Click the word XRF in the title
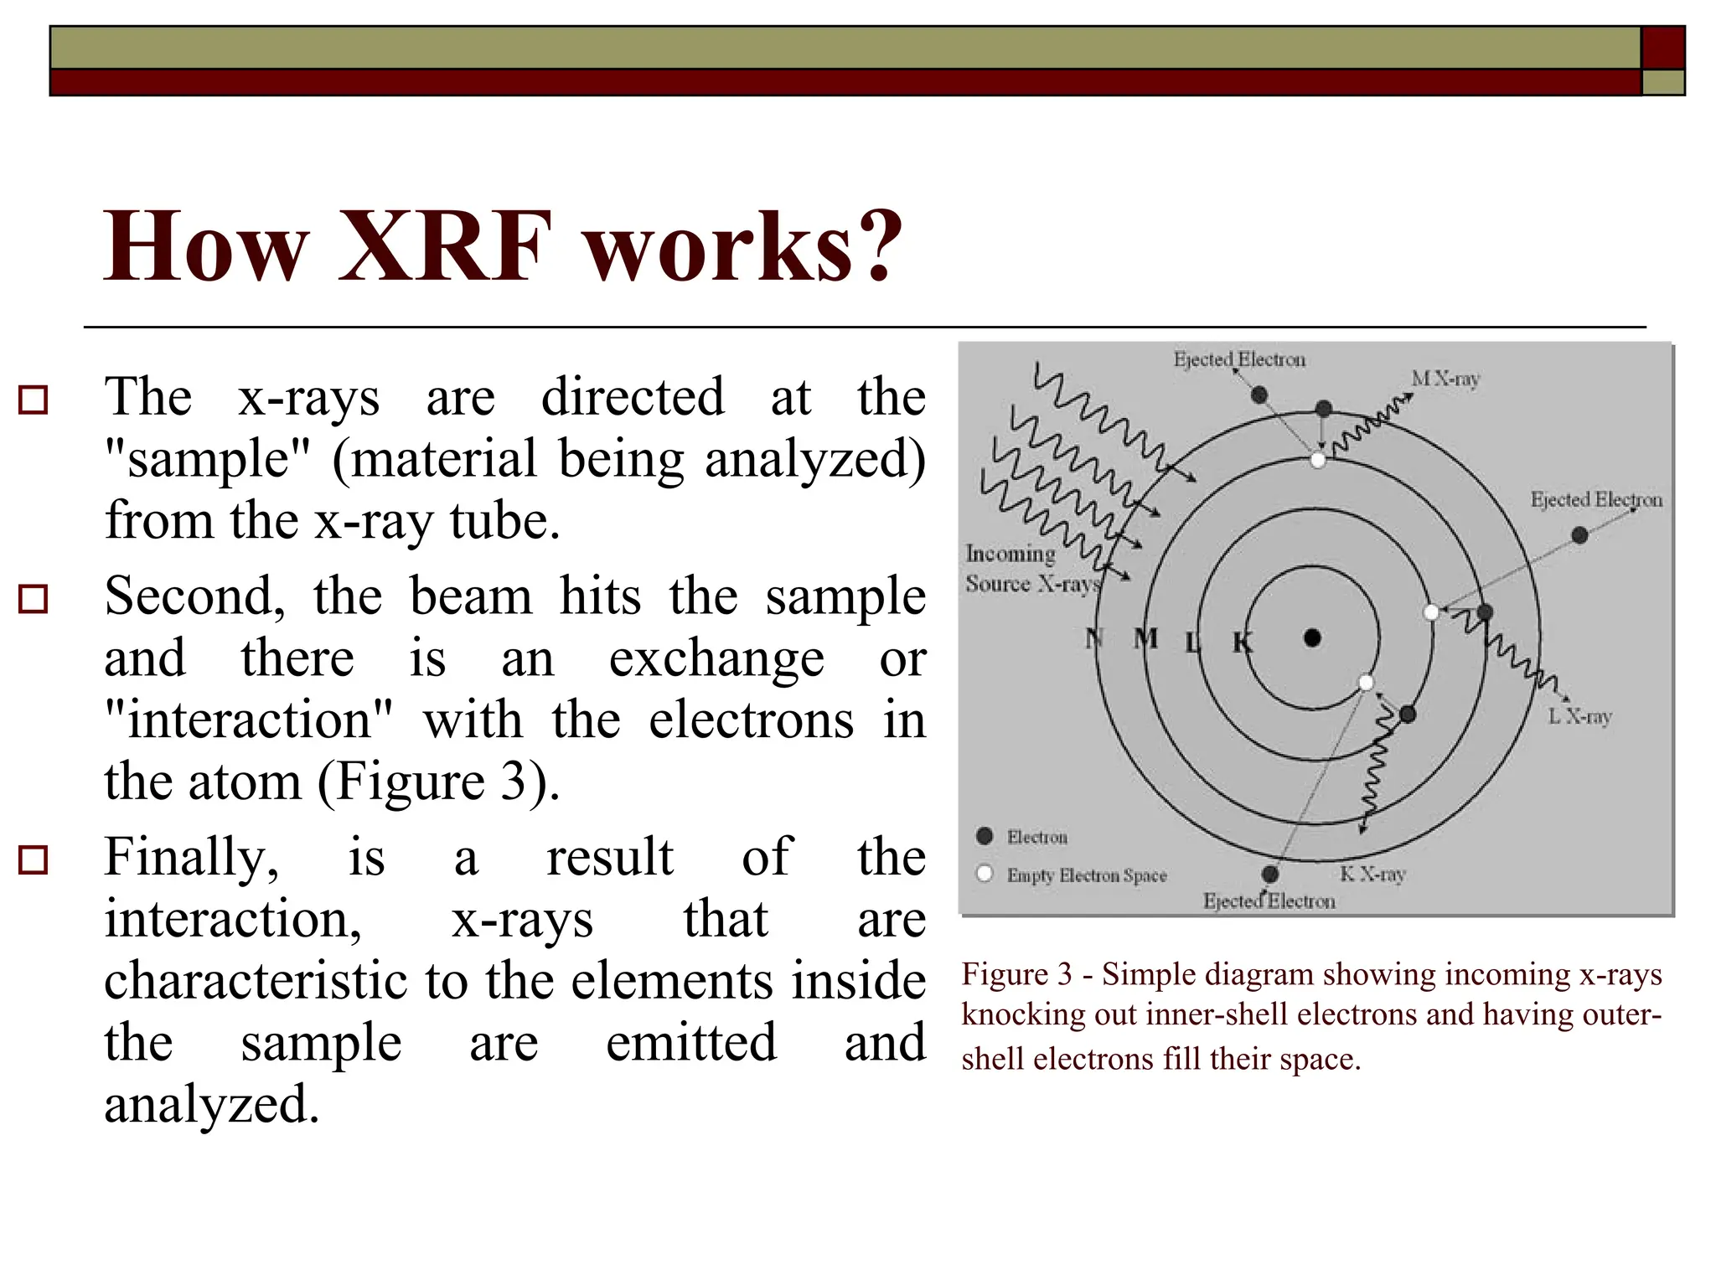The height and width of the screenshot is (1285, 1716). coord(445,246)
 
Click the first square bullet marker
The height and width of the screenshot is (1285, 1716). coord(34,400)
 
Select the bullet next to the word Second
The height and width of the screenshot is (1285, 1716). coord(34,599)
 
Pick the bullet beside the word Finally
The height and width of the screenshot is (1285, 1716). coord(34,860)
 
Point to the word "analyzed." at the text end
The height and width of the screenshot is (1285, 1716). coord(211,1104)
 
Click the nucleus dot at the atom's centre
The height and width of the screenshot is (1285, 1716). coord(1313,638)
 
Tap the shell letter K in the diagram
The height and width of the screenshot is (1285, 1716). coord(1242,642)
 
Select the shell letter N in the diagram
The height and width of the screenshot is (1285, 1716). coord(1093,639)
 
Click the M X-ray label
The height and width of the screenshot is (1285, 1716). coord(1445,379)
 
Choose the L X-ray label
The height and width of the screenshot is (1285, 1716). coord(1579,716)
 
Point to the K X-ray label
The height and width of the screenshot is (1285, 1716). coord(1372,874)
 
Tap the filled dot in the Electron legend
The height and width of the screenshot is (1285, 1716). coord(985,836)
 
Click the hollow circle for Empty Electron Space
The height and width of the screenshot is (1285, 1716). coord(985,874)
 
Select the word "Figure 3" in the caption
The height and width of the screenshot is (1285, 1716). coord(1016,974)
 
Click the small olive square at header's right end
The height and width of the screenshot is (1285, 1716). coord(1662,82)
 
